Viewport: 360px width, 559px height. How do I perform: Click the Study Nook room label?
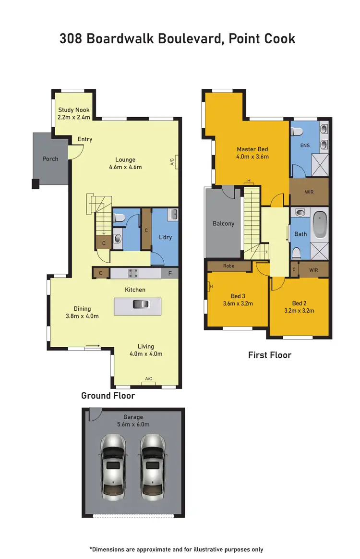[74, 110]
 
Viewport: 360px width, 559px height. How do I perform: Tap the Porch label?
[50, 159]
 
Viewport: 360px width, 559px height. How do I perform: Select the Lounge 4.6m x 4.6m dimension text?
[125, 167]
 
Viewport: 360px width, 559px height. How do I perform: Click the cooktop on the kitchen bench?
[133, 273]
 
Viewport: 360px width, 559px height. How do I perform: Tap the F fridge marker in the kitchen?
[170, 273]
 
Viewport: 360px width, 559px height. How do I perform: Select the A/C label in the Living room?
[149, 379]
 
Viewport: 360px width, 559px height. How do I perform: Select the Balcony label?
[223, 223]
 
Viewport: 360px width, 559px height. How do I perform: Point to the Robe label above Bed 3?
[228, 266]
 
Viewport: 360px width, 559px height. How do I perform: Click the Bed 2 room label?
[299, 303]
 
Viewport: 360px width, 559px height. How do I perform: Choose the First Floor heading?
[269, 355]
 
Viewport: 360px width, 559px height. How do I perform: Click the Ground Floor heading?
[108, 396]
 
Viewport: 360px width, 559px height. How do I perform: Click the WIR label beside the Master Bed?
[310, 192]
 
